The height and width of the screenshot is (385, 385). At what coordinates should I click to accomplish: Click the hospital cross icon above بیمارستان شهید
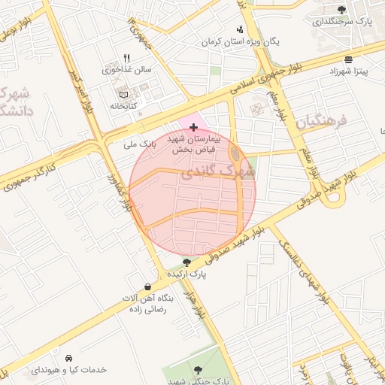194,128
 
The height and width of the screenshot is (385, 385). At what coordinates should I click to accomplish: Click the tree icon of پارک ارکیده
186,262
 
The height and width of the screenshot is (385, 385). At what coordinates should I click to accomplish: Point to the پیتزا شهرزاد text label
347,71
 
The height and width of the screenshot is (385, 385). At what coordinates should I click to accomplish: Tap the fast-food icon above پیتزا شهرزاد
347,59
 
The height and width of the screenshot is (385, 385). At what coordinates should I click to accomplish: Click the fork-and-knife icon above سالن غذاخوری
126,57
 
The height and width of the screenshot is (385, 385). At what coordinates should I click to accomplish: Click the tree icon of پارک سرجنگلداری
342,10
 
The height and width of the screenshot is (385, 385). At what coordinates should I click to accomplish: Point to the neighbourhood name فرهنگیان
319,120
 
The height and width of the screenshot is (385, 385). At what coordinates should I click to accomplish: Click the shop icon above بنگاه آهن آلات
147,286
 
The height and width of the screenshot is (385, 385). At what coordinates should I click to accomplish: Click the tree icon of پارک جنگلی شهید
198,369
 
